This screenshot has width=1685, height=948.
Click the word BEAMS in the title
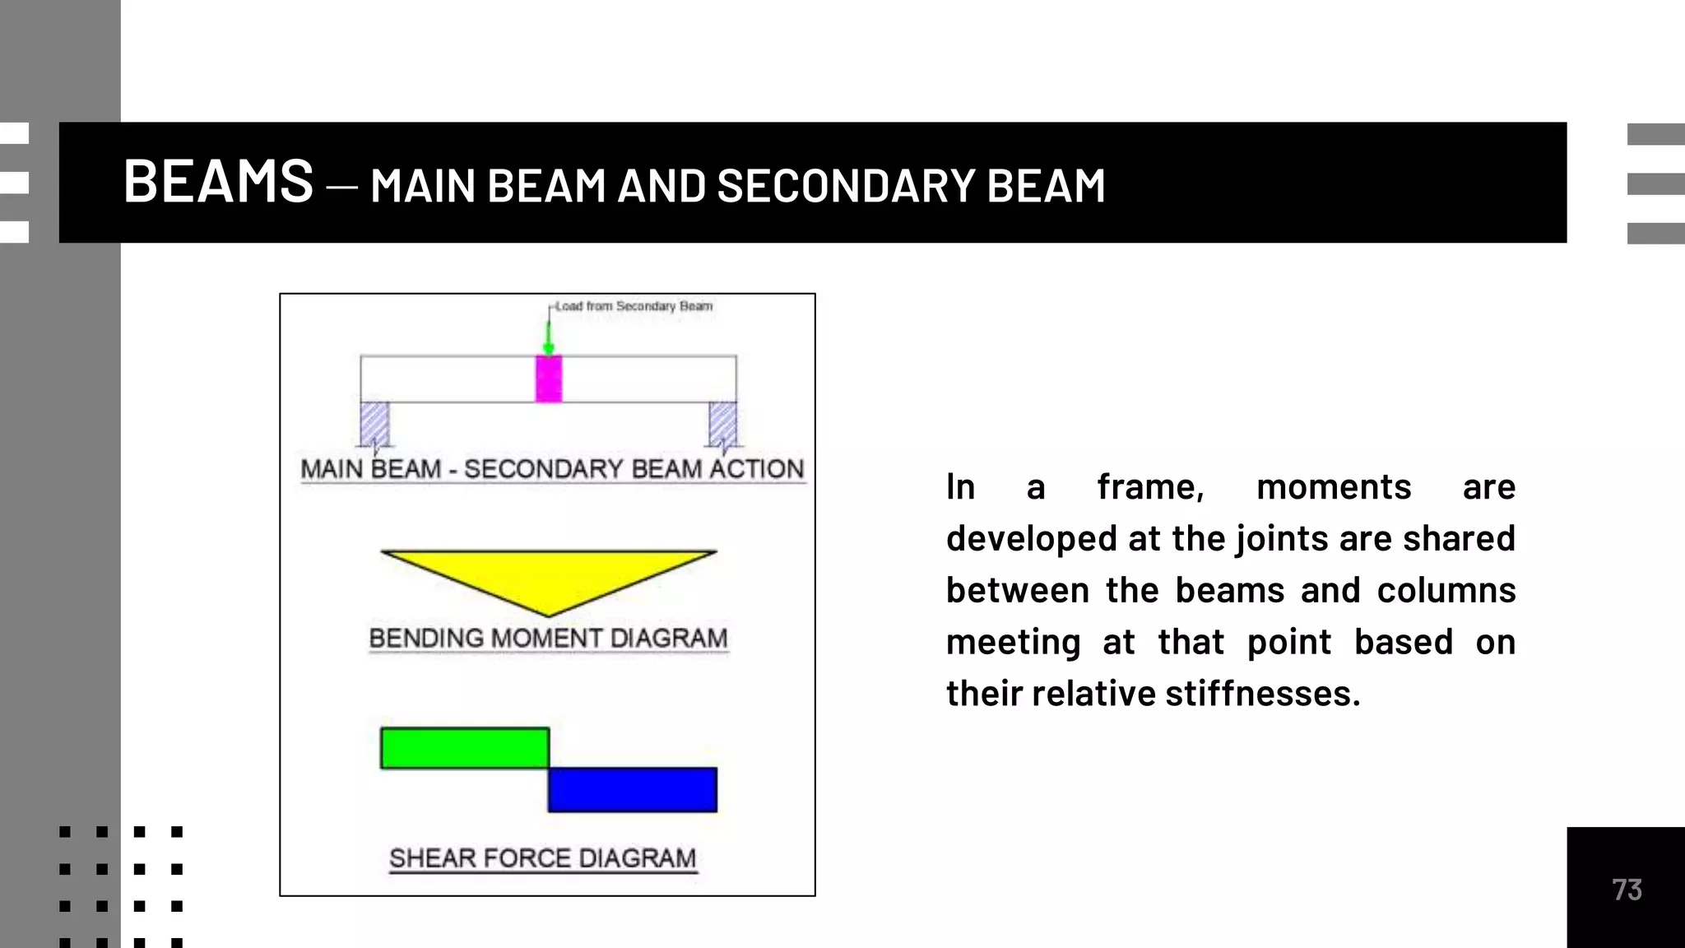[x=218, y=181]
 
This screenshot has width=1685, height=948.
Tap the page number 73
[x=1627, y=890]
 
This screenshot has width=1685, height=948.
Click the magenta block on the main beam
[x=549, y=379]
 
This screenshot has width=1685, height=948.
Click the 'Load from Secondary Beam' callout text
[x=634, y=306]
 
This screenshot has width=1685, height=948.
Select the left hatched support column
[x=374, y=424]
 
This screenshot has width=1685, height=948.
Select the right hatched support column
[x=722, y=424]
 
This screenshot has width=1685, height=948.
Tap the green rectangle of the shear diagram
[x=464, y=748]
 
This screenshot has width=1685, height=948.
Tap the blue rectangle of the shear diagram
[x=632, y=789]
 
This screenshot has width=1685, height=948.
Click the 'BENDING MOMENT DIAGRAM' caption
[x=548, y=639]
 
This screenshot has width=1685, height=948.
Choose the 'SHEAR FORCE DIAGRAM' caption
[x=542, y=858]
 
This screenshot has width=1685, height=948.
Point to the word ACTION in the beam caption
[x=756, y=469]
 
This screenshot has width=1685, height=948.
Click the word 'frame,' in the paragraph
[x=1150, y=487]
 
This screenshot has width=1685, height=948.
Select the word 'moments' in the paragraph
[x=1334, y=487]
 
